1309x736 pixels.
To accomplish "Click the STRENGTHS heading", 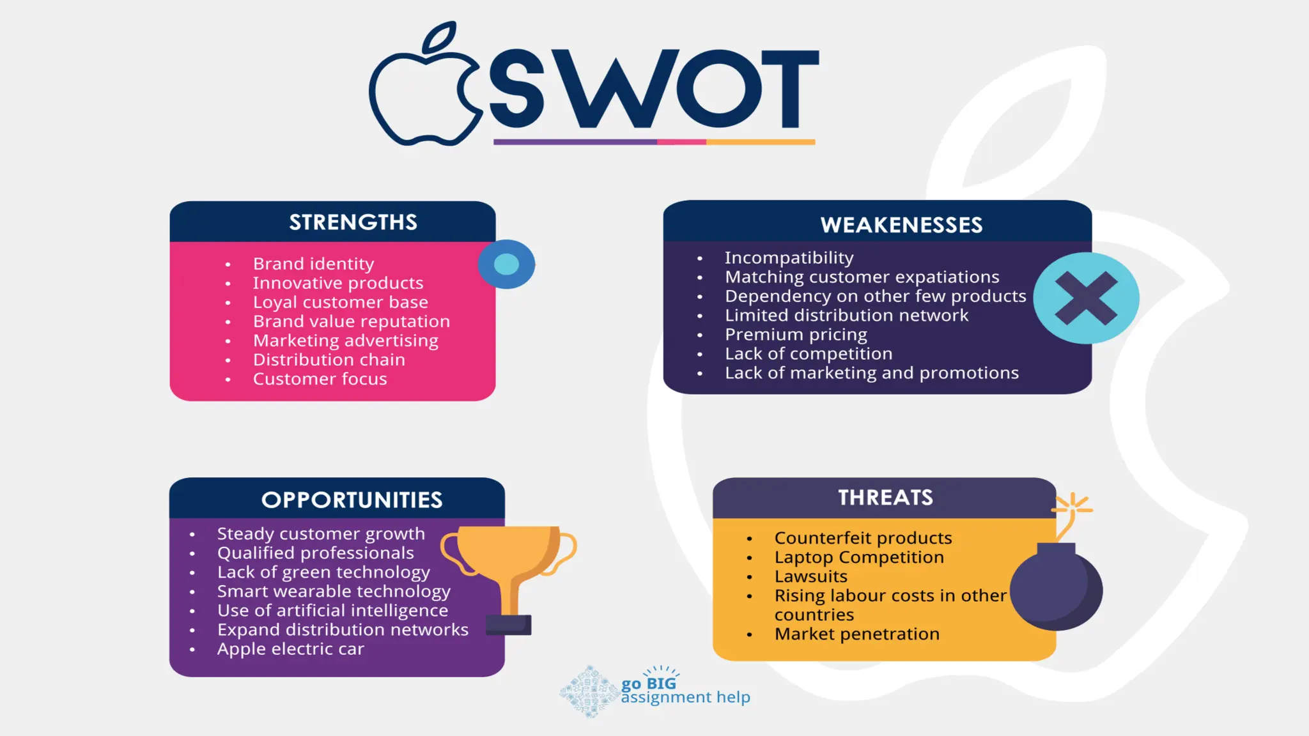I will point(353,222).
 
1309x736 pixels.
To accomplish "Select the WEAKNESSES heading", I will point(901,225).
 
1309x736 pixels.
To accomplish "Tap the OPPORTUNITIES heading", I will point(352,500).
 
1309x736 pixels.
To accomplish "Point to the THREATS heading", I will point(885,498).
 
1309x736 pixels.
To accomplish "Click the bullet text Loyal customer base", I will point(340,302).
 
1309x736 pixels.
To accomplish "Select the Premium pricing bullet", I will point(796,334).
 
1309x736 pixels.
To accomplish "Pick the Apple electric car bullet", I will point(290,649).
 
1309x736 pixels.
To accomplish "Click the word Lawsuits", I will point(810,576).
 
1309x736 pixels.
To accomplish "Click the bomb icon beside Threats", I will point(1056,585).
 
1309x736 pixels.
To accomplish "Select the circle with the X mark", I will point(1086,298).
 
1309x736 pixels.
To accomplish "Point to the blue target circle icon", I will point(506,264).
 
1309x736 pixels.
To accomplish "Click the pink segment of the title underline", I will point(681,142).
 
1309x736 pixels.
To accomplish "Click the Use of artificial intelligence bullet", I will point(332,611).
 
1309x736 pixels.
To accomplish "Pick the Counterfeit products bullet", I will point(863,538).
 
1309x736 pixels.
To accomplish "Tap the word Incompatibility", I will point(789,257).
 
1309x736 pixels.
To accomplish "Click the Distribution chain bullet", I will point(329,360).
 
